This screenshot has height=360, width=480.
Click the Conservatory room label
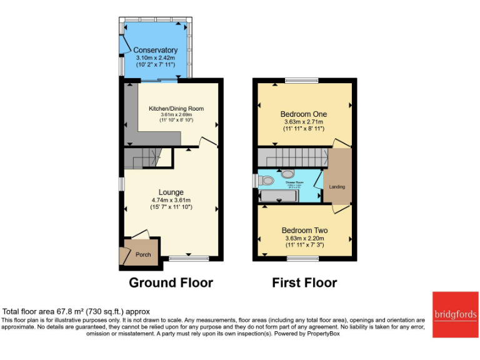(x=156, y=50)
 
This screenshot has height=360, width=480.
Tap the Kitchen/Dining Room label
(x=176, y=109)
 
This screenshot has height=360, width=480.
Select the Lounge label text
(x=171, y=192)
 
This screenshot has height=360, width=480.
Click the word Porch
(x=143, y=254)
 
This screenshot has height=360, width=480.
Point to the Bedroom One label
(x=304, y=114)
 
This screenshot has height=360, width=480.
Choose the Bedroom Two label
(x=304, y=230)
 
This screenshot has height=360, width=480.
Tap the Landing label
(x=337, y=187)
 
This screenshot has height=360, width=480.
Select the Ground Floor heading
(x=171, y=282)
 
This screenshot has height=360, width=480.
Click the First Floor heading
(x=304, y=282)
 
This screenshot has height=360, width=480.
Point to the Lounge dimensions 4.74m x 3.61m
(x=171, y=200)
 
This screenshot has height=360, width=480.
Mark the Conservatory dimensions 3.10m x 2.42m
(x=156, y=57)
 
